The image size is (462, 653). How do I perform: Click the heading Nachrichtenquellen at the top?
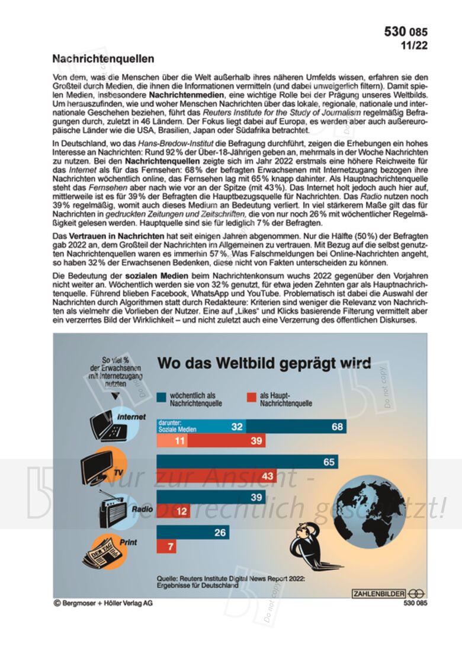pos(103,59)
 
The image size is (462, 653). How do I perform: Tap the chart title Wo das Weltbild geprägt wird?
pos(264,363)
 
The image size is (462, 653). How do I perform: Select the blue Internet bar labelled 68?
pos(296,427)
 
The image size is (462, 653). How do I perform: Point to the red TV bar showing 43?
pos(216,476)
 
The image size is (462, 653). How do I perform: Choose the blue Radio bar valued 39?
pos(210,497)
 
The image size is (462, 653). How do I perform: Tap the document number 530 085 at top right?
pos(405,32)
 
